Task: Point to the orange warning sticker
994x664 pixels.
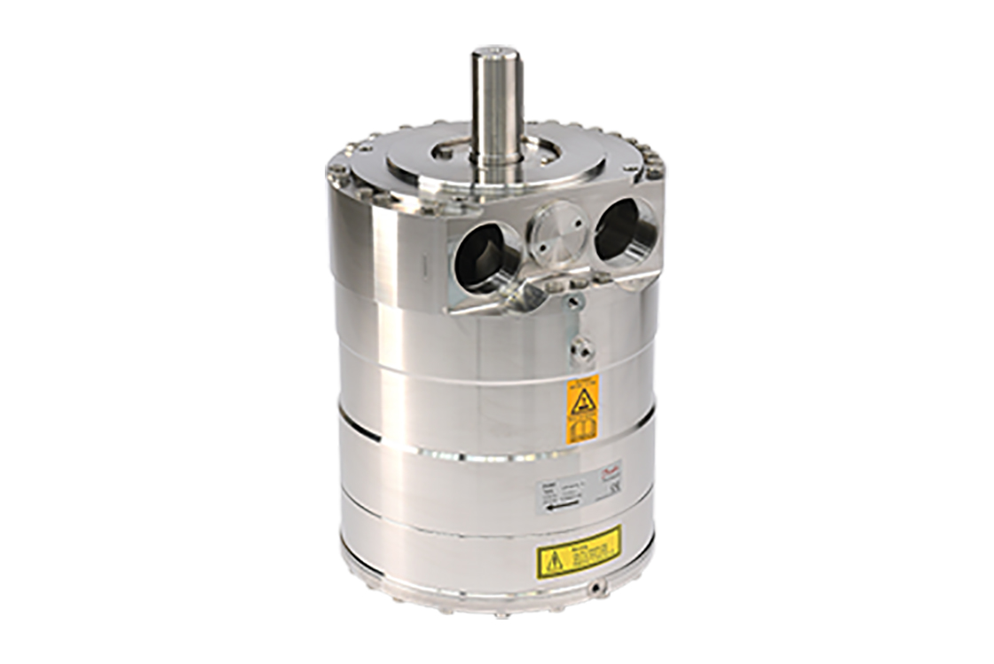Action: click(582, 408)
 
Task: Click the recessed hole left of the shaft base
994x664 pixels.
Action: click(443, 151)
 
